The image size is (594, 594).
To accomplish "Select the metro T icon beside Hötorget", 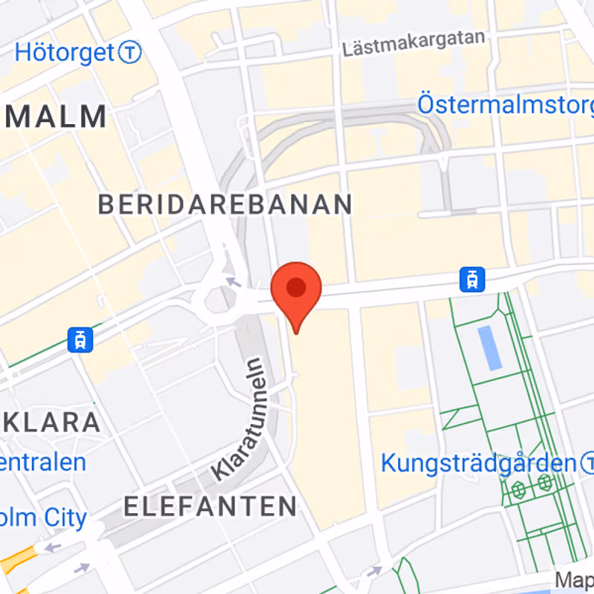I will coord(131,53).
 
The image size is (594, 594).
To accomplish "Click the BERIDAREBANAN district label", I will coord(225,204).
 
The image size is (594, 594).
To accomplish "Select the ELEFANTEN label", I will coord(210,506).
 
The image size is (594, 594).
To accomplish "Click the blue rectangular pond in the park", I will coord(489,347).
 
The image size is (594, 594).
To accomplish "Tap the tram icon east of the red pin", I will coord(471,279).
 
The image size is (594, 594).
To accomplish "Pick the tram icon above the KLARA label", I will coord(79,339).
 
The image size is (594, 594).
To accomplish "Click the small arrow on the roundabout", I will coord(233,281).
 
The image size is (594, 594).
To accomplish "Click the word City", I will coord(64,518).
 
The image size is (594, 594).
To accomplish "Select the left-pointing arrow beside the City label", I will coord(53,548).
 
